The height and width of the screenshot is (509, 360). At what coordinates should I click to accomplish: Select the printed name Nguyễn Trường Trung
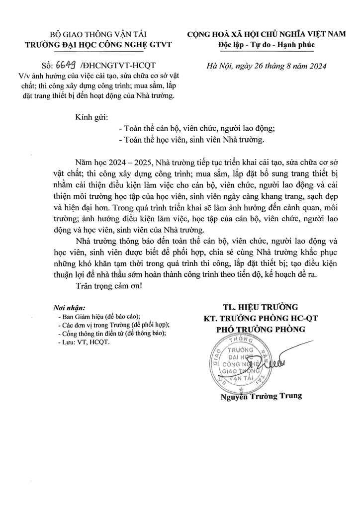tap(261, 396)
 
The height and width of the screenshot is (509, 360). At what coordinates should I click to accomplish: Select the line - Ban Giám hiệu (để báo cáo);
tap(99, 316)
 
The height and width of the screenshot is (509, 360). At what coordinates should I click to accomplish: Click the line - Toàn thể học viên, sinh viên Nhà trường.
tap(194, 140)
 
